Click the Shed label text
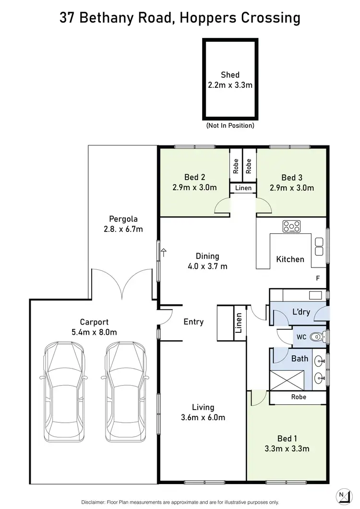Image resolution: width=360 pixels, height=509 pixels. click(230, 74)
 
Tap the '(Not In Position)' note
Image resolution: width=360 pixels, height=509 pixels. click(230, 126)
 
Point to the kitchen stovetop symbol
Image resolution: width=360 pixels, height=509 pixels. click(291, 226)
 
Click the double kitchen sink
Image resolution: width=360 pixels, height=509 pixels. click(319, 246)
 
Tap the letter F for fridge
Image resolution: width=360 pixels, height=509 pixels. click(317, 278)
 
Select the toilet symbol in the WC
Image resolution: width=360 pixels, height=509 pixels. click(316, 338)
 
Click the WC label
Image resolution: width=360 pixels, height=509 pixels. click(301, 337)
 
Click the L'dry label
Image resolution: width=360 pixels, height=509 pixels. click(301, 312)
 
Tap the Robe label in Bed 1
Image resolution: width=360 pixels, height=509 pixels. click(298, 397)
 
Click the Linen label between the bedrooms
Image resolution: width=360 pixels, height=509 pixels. click(243, 188)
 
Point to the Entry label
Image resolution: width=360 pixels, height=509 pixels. click(193, 322)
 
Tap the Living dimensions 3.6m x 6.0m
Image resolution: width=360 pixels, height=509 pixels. click(203, 418)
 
